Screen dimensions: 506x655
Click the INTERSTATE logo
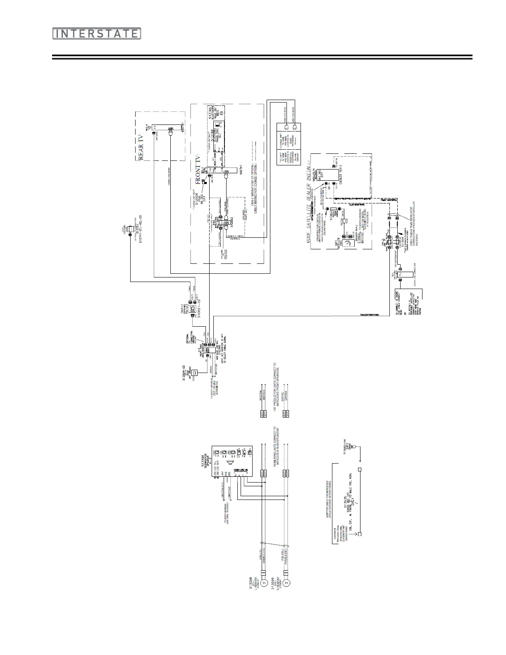pyautogui.click(x=96, y=33)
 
